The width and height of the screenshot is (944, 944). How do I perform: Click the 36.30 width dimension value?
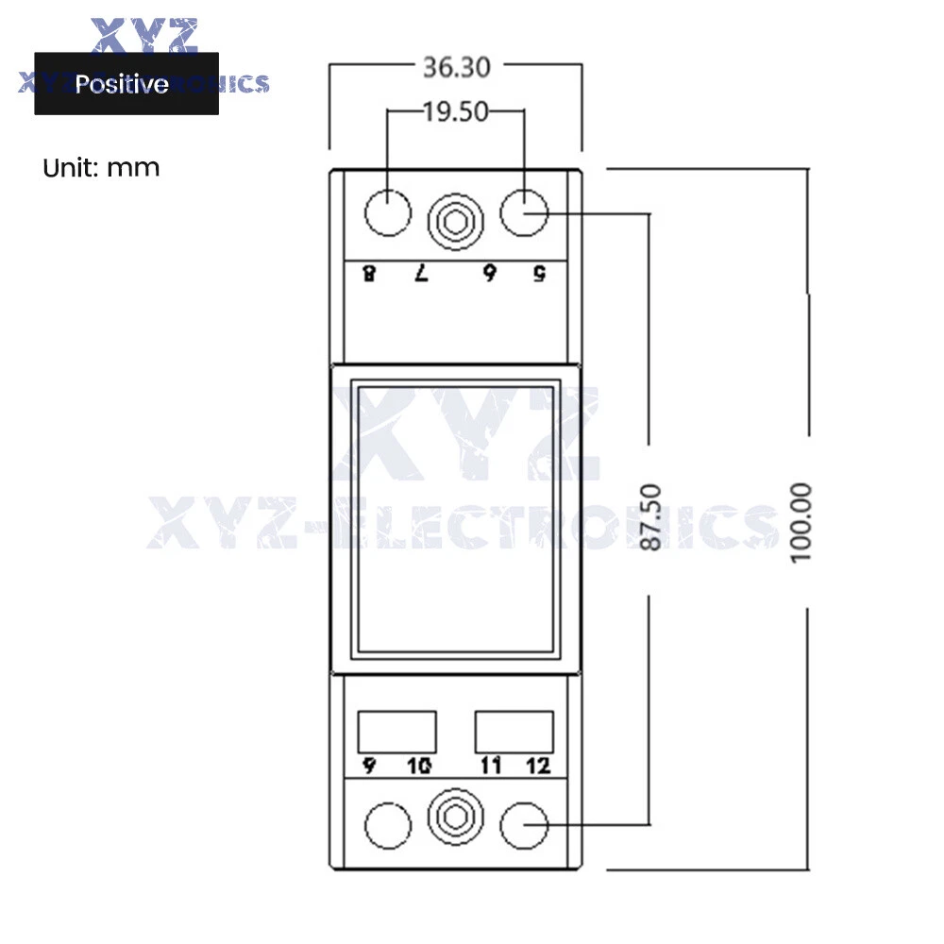456,67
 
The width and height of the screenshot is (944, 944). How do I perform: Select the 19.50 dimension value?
456,112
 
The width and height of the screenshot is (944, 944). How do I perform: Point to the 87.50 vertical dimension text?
650,516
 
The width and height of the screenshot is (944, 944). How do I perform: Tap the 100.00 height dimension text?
801,523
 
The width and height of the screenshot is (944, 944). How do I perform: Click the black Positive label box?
126,84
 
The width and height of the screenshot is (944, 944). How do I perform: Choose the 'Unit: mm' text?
101,168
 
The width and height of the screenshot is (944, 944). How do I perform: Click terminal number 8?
369,274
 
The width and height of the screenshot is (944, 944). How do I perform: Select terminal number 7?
421,274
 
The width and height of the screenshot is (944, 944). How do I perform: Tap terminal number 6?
489,274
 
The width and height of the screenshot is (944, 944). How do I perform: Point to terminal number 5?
539,274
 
